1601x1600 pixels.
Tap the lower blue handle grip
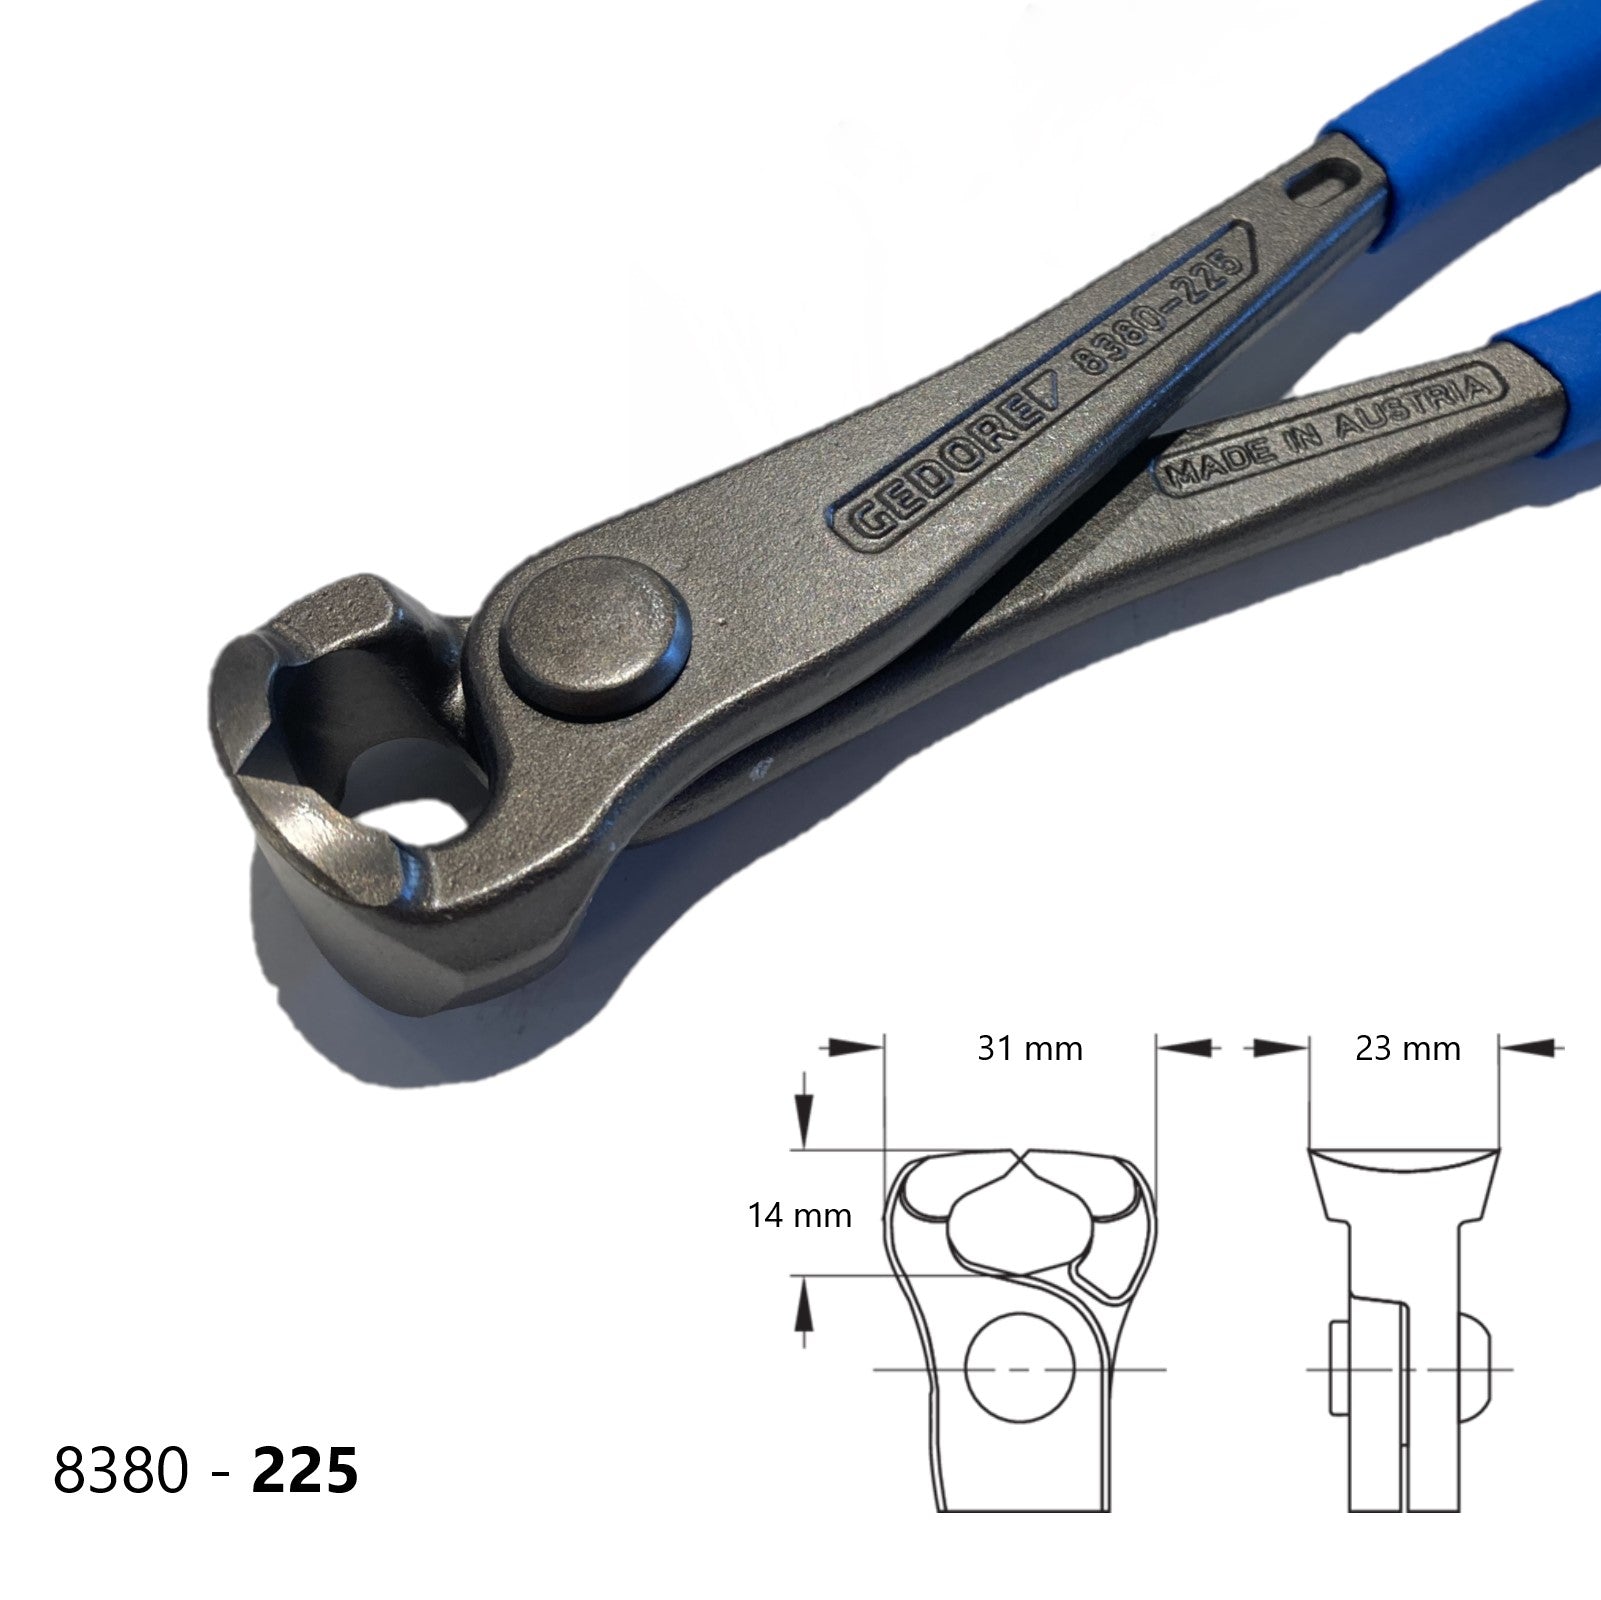click(1550, 350)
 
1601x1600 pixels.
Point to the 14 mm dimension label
click(800, 1215)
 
